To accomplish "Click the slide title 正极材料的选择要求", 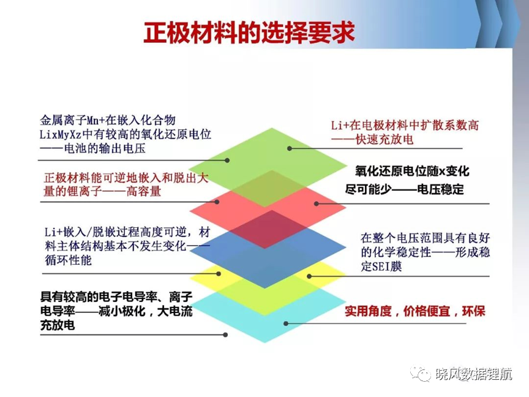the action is coord(249,32).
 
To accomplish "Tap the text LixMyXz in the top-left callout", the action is coord(61,134).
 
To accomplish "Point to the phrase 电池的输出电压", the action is coord(105,148).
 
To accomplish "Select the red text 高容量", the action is coord(144,191).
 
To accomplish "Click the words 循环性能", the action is coord(68,260).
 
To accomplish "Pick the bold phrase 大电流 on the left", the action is coord(174,311).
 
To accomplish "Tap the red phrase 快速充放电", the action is coord(385,140).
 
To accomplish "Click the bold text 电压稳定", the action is coord(440,189).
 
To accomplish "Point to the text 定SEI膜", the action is coord(381,267).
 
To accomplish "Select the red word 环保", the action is coord(474,311).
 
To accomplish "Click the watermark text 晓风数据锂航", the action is coord(474,374).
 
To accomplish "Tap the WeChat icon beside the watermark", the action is coord(421,373).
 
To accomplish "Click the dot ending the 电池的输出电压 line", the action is coord(227,161).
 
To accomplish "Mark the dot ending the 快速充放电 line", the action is coord(290,148).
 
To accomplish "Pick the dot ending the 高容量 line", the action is coord(217,202).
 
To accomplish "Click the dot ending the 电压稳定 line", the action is coord(317,203).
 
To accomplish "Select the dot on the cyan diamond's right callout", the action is coord(286,323).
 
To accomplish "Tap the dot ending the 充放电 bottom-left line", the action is coord(225,335).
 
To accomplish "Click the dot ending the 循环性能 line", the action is coord(219,274).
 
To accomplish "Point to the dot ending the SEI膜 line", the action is coord(309,276).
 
